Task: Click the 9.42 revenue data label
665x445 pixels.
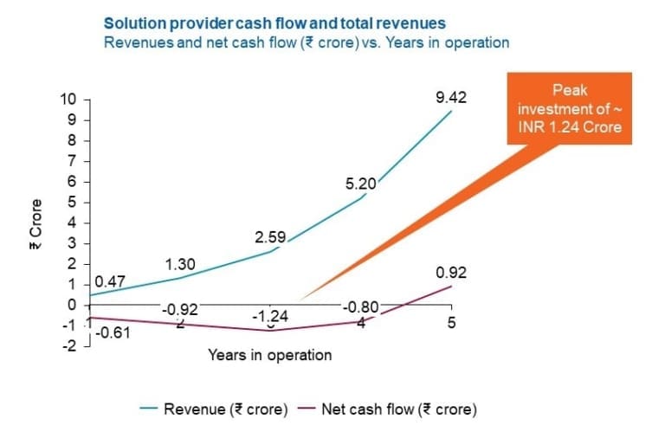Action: tap(451, 98)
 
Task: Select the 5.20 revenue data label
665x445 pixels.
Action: tap(360, 184)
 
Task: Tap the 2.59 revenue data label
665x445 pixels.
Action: tap(269, 235)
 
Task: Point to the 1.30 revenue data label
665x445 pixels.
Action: tap(179, 265)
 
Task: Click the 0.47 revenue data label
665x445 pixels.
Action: tap(109, 281)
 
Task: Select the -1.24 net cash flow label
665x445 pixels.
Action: tap(269, 318)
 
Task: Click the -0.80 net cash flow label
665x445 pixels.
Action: tap(360, 306)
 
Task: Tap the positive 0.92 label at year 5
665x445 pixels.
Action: tap(451, 272)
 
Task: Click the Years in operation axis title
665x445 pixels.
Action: tap(269, 355)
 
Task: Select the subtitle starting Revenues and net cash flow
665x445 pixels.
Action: tap(306, 42)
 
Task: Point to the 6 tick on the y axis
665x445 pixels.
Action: tap(73, 181)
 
